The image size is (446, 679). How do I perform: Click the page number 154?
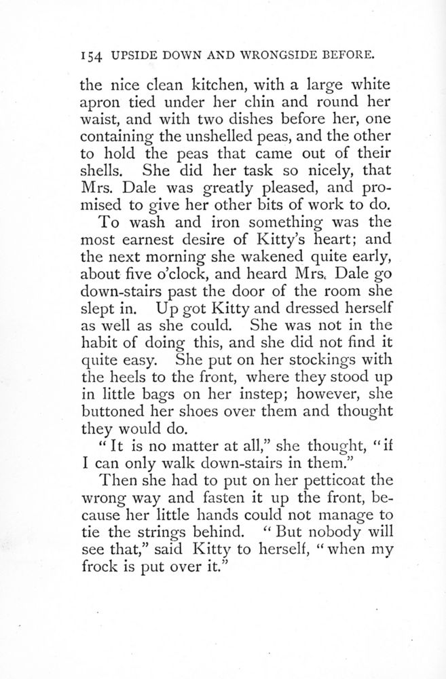(x=91, y=53)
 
